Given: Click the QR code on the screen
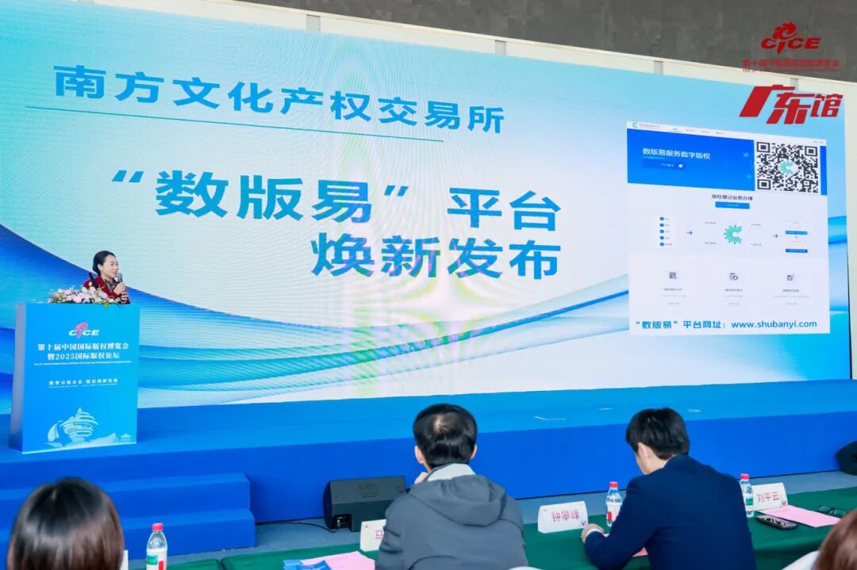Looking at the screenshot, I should (786, 168).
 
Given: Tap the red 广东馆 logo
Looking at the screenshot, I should (790, 105).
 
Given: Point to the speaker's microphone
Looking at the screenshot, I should (120, 279).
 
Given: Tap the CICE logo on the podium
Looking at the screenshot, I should (83, 330).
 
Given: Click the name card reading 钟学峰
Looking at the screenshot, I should (562, 516).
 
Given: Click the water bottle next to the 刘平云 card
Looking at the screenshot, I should (746, 494).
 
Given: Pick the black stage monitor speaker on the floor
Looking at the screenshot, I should (363, 501).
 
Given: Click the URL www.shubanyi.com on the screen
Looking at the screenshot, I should (773, 324).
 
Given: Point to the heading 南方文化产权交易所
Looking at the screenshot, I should (278, 99).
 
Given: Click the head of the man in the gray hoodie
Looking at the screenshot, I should (444, 436).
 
